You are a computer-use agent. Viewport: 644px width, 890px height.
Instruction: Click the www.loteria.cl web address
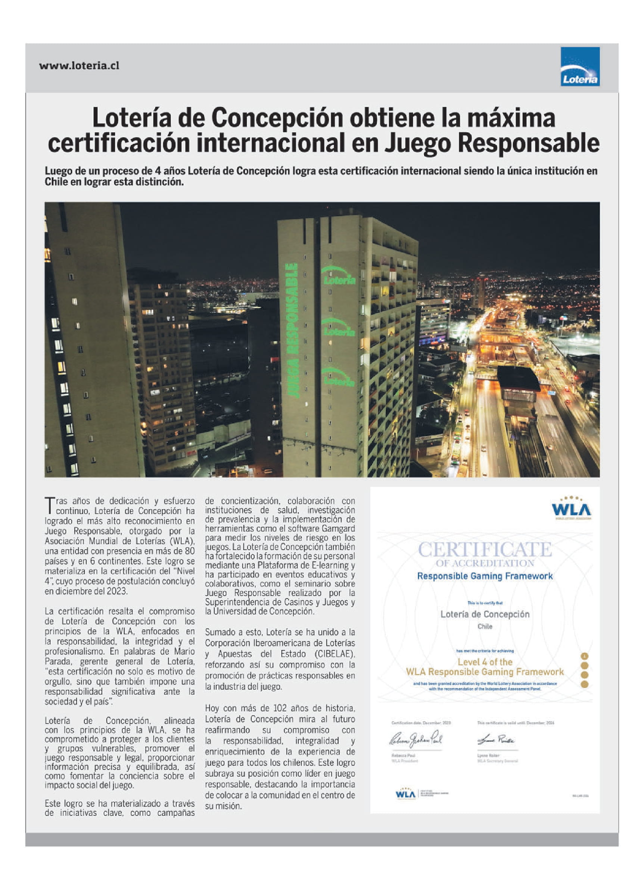(x=79, y=66)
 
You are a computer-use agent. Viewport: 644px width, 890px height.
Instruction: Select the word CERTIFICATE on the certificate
(x=485, y=550)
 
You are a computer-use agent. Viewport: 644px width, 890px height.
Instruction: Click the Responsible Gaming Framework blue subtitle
(x=485, y=577)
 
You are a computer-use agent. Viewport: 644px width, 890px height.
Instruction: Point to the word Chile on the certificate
(x=485, y=626)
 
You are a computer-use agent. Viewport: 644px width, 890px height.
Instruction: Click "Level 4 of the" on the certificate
(x=485, y=662)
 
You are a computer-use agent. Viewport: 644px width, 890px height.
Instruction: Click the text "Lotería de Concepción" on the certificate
(x=485, y=614)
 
